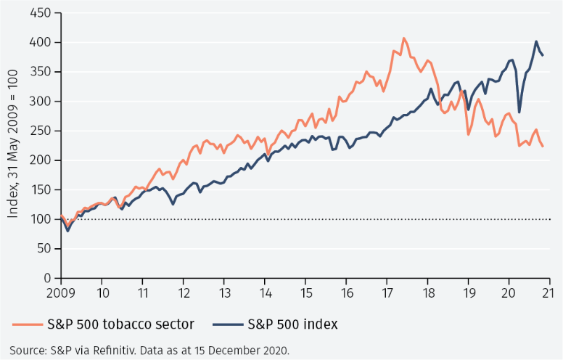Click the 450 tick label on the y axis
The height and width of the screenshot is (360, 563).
(41, 14)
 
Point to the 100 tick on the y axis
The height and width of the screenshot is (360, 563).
(41, 219)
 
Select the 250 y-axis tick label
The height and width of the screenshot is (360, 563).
(41, 131)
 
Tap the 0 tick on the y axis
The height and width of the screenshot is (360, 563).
(47, 278)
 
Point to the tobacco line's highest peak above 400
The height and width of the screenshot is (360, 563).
(403, 38)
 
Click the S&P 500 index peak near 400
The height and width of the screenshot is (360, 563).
(536, 41)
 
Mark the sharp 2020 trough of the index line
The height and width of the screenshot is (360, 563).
(519, 112)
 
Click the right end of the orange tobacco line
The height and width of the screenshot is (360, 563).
(543, 147)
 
